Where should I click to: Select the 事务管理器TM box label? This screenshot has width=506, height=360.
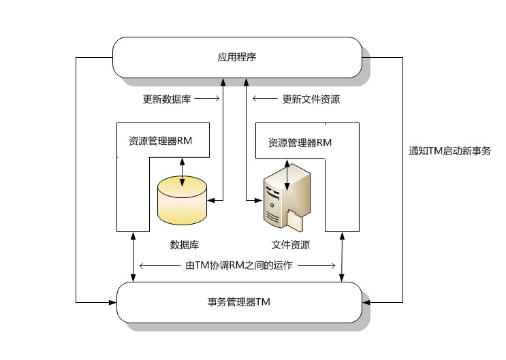(238, 301)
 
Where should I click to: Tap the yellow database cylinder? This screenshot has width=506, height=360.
(181, 200)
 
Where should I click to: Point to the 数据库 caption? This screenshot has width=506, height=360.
(184, 245)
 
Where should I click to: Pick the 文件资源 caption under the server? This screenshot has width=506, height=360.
(290, 245)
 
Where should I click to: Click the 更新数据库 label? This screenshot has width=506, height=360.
(167, 99)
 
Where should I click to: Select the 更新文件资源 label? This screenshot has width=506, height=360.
(311, 99)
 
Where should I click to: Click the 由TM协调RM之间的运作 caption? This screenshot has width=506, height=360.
(238, 265)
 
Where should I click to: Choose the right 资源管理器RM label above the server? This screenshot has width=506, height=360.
(300, 143)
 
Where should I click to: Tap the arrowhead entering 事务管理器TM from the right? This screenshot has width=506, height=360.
(365, 301)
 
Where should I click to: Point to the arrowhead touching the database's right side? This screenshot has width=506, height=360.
(210, 199)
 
